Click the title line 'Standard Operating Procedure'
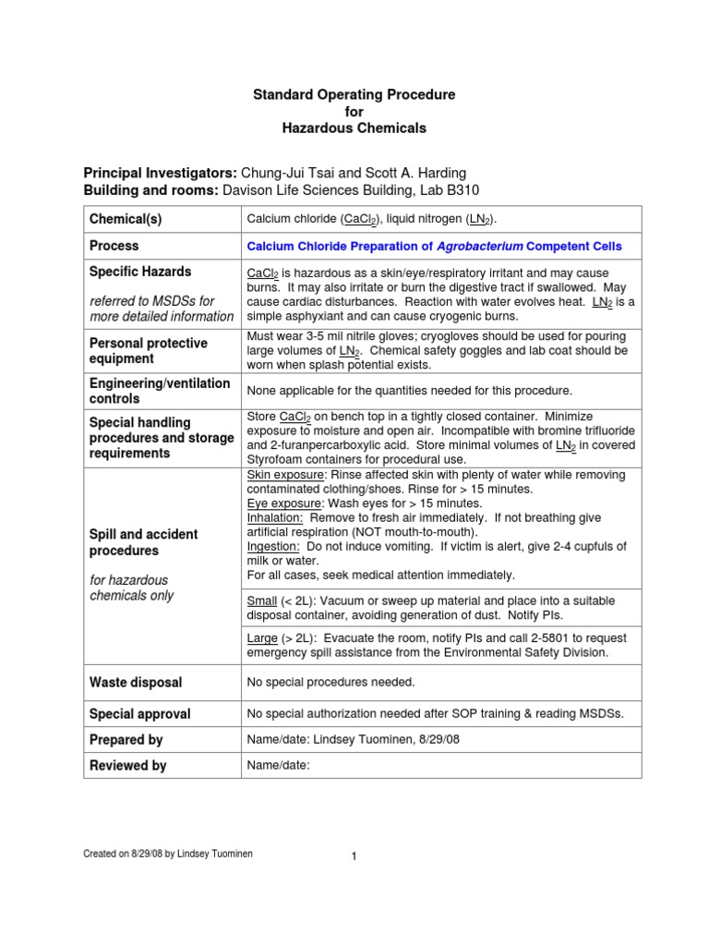point(354,95)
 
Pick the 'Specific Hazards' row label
point(140,272)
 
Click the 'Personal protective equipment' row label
point(147,350)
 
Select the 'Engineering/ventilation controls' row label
point(160,391)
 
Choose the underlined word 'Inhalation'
point(275,518)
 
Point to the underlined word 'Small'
point(264,601)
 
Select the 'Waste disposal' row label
point(136,683)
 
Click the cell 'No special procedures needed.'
point(330,683)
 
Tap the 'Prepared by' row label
point(126,740)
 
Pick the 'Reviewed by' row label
point(127,766)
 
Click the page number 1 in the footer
point(354,856)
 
